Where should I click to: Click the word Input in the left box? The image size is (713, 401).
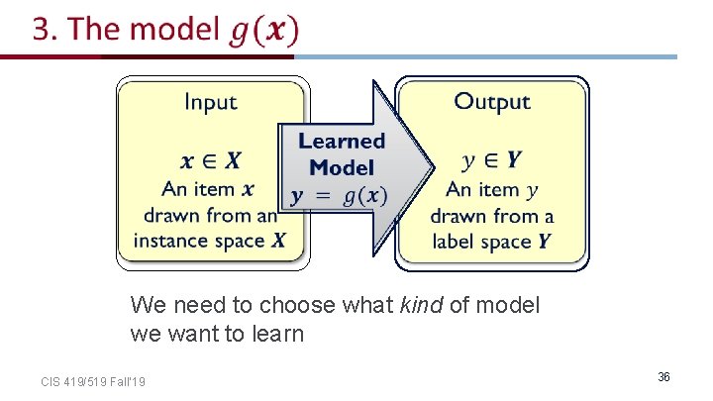click(x=211, y=102)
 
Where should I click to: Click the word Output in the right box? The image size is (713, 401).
click(x=492, y=102)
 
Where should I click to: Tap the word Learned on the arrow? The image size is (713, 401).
click(x=341, y=142)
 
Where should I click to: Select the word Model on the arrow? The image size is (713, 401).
click(x=341, y=167)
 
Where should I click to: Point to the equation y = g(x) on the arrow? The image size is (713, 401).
click(x=339, y=195)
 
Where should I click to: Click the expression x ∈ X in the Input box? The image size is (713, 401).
click(x=211, y=160)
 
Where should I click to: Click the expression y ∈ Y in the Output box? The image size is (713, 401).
click(x=492, y=160)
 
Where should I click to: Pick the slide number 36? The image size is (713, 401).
click(x=663, y=377)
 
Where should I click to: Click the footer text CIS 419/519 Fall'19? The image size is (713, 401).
click(x=93, y=381)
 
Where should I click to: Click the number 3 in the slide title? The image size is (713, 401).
click(x=42, y=30)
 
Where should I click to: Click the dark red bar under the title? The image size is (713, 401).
click(x=149, y=56)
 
